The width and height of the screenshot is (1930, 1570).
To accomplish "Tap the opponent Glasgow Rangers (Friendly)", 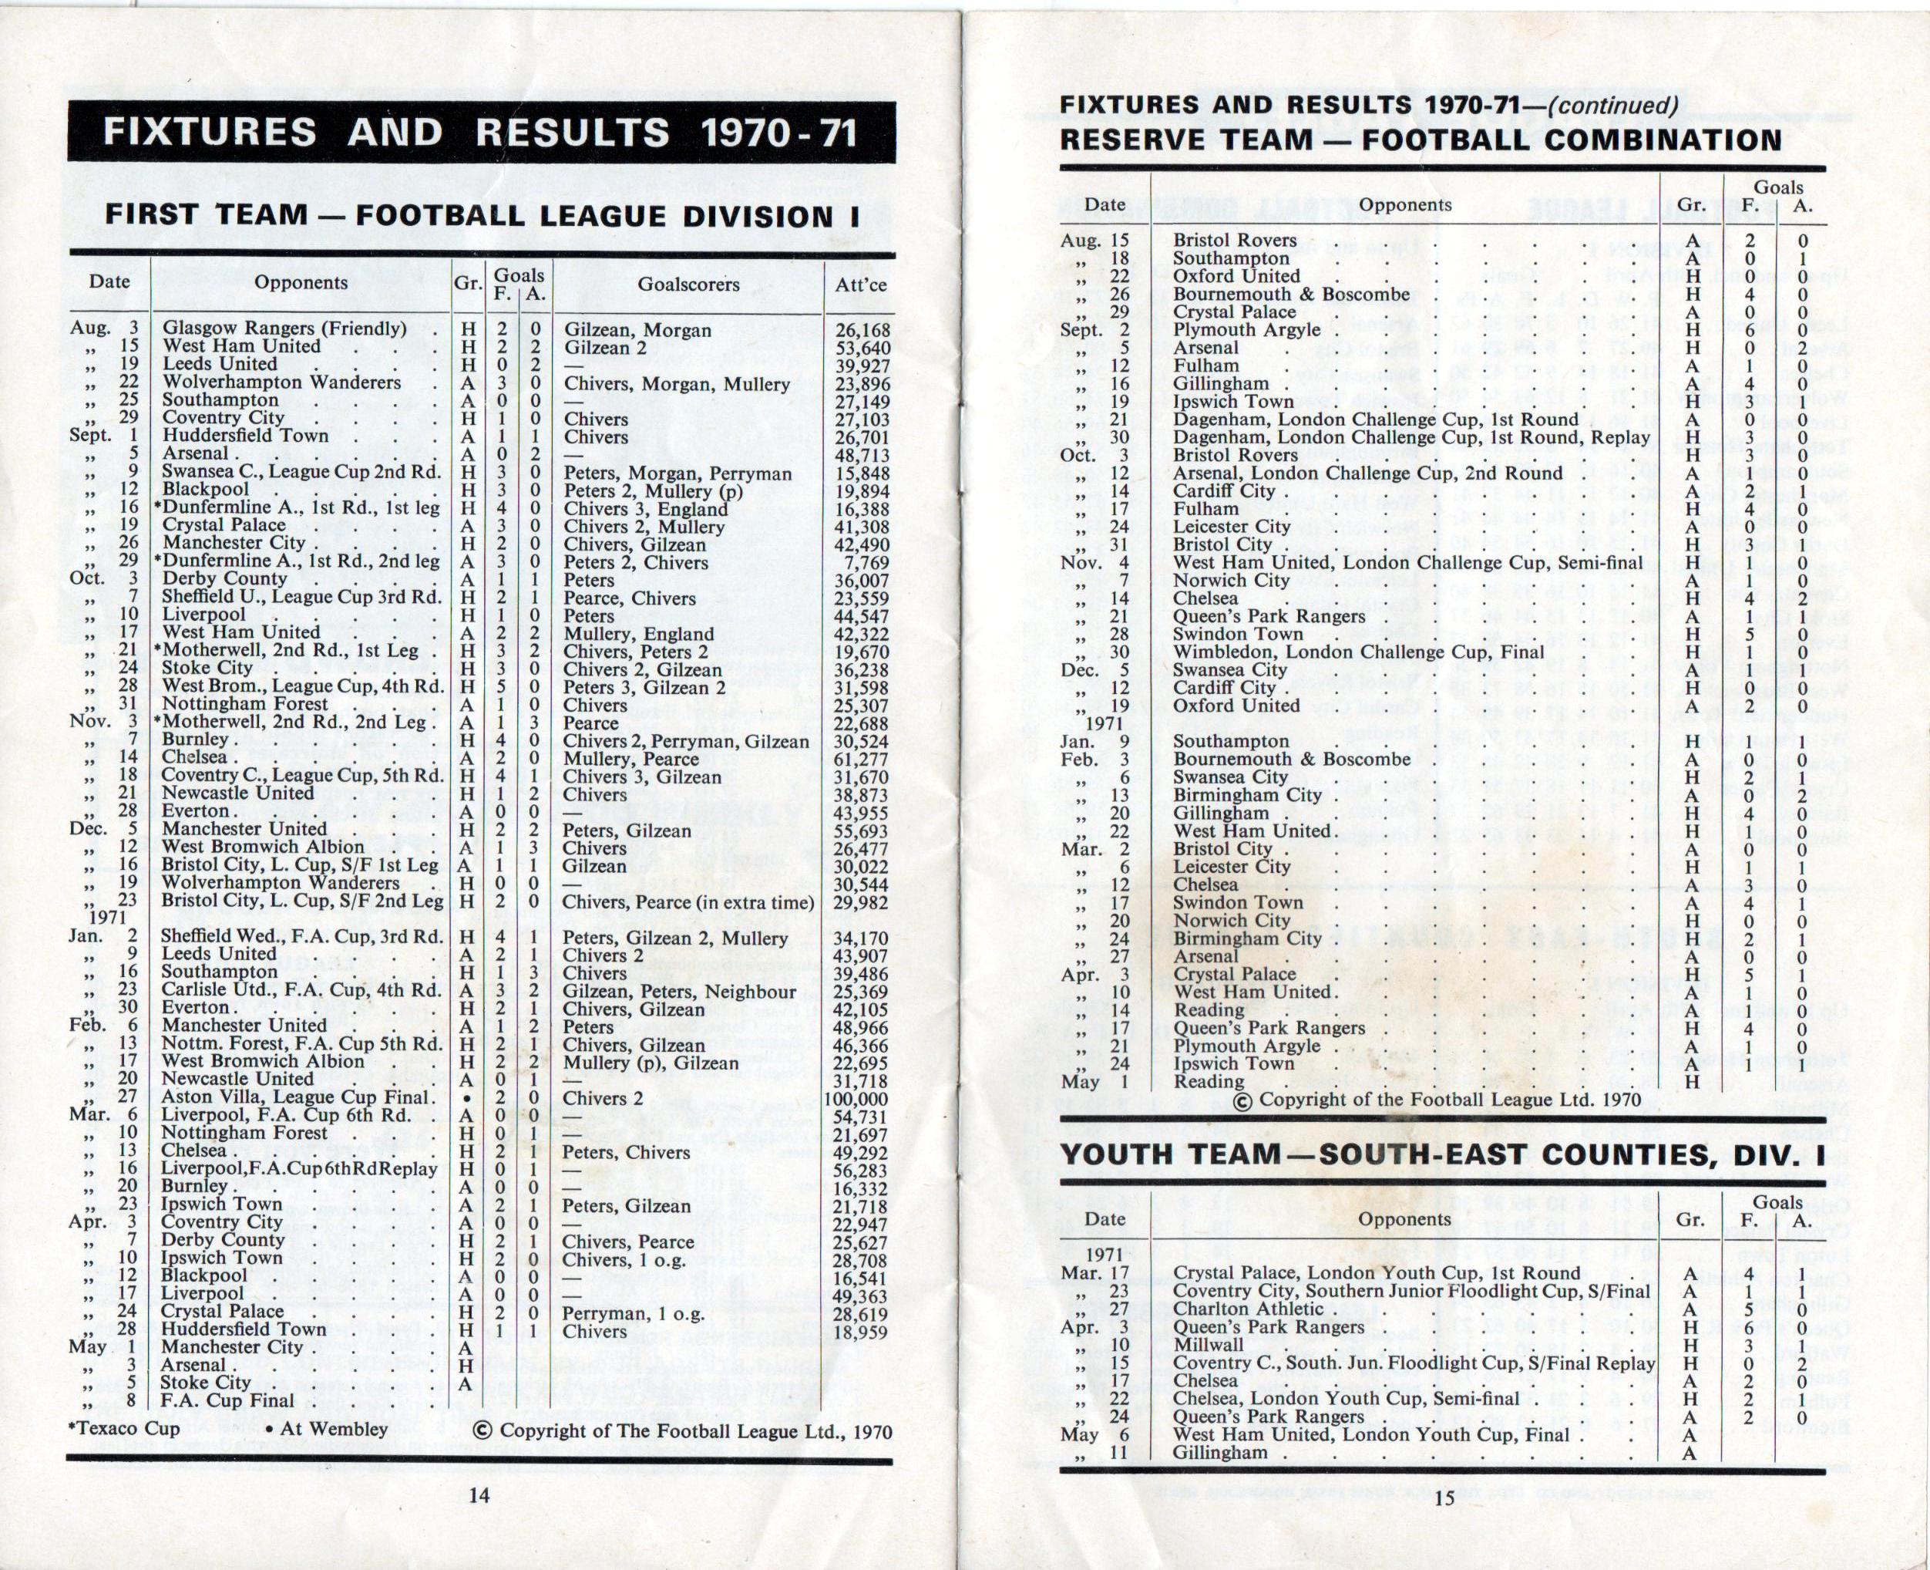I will click(284, 329).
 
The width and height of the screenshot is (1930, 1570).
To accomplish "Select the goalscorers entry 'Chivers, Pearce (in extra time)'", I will click(688, 902).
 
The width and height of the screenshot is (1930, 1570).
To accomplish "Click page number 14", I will click(479, 1495).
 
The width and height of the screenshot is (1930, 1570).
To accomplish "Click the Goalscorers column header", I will click(688, 285).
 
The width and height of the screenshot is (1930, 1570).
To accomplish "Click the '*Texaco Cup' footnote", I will click(125, 1429).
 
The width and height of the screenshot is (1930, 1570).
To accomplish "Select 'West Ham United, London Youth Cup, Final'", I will click(1370, 1434).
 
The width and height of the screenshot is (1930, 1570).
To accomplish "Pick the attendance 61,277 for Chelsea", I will click(858, 759).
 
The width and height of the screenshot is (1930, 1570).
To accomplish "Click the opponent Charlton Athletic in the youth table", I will click(1248, 1309).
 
